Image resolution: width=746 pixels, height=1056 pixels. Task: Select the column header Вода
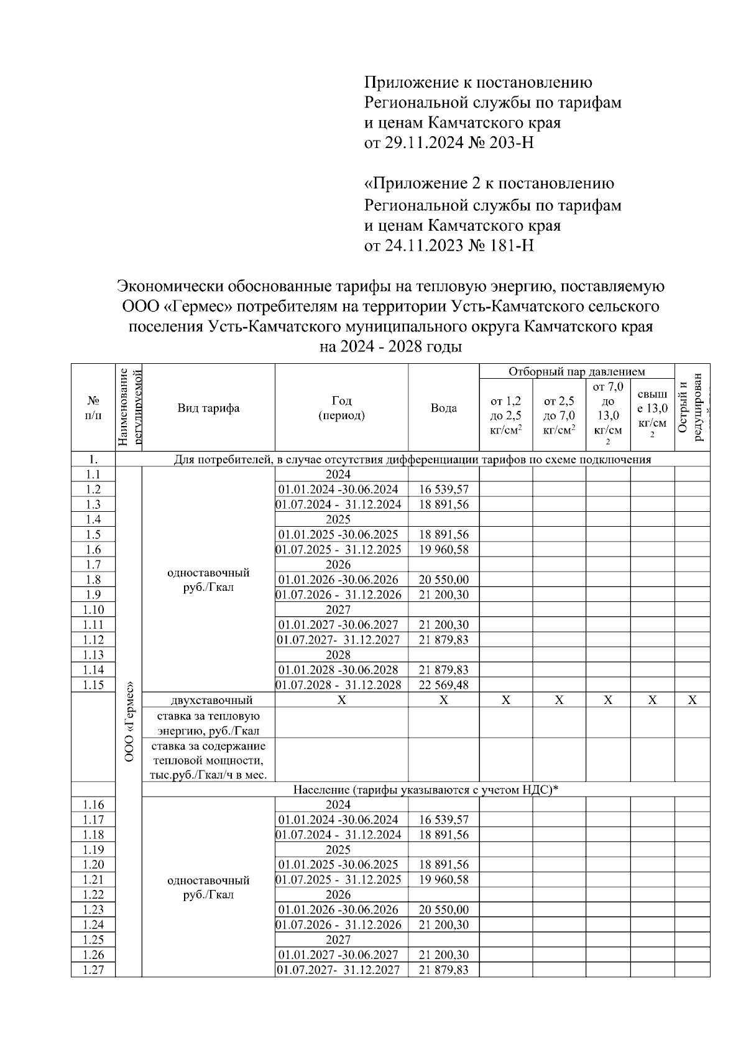tap(443, 408)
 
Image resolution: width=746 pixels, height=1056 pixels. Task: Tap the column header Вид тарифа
tap(208, 408)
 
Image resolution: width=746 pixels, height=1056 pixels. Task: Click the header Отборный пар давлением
tap(576, 372)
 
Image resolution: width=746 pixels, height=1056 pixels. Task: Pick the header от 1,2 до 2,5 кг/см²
tap(505, 415)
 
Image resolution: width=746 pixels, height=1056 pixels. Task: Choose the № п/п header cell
tap(93, 408)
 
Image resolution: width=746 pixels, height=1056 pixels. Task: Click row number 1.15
tap(93, 685)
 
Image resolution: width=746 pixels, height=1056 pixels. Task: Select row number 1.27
tap(93, 970)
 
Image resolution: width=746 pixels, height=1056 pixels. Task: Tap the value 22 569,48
tap(443, 685)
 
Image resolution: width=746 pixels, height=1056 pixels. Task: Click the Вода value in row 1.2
tap(443, 489)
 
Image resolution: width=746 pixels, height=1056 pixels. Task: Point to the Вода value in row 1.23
tap(443, 910)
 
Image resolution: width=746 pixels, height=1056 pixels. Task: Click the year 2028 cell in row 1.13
tap(338, 655)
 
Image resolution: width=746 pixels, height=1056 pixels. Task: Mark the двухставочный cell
tap(208, 700)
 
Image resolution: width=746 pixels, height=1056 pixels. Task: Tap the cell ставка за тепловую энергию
tap(208, 723)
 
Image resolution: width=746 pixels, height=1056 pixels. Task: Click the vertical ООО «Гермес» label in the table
tap(129, 721)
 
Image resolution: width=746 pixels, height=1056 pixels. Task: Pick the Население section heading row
tap(426, 790)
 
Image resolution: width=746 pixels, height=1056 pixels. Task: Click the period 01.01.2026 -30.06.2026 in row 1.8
tap(339, 580)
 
